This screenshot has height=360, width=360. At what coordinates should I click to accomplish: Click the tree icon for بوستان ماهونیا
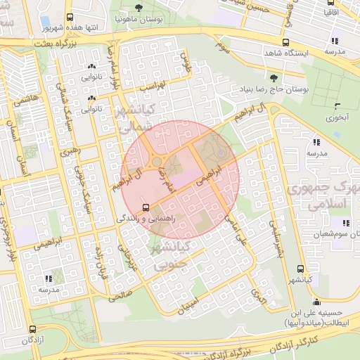pos(139,8)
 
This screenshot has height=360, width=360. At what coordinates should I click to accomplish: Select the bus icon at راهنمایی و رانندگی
pos(146,207)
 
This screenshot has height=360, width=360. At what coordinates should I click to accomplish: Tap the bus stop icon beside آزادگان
pos(32,329)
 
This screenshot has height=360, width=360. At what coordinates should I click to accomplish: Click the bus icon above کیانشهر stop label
pos(301,269)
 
